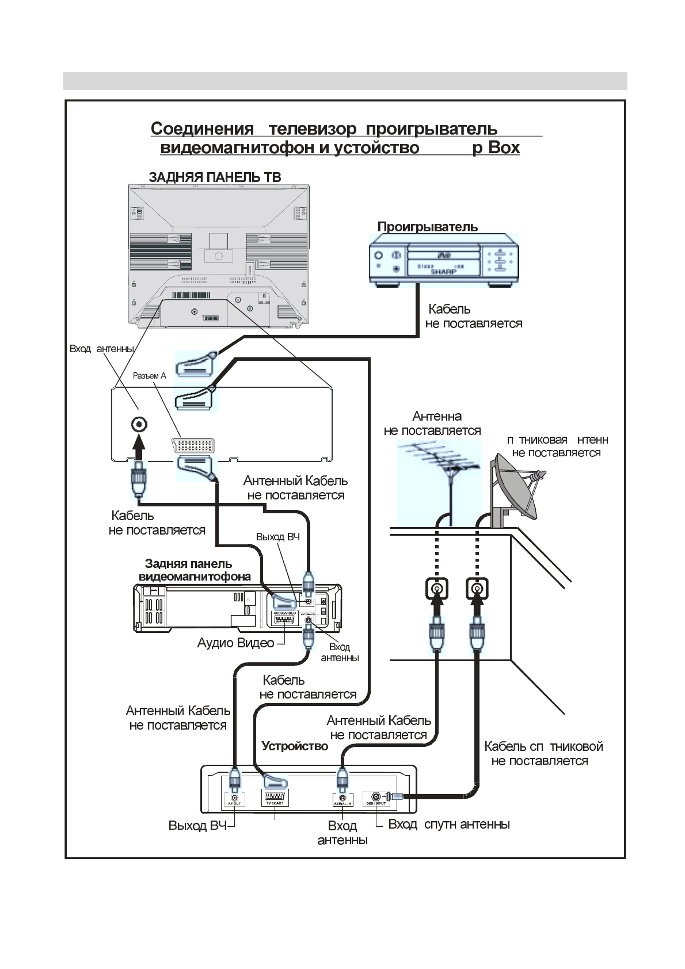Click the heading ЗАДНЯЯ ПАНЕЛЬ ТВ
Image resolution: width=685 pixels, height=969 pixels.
pos(215,177)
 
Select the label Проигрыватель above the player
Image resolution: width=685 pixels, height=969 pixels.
pos(427,227)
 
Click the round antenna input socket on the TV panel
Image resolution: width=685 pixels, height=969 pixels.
pos(139,425)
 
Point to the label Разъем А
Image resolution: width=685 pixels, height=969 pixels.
pos(149,376)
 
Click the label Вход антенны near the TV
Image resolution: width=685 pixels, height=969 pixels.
pos(101,349)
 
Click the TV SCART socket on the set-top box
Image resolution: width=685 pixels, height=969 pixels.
pos(275,797)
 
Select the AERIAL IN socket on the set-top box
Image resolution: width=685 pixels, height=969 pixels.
pos(342,798)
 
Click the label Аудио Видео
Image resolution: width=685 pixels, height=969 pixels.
pos(235,643)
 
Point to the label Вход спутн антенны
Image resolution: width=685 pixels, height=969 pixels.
pos(449,824)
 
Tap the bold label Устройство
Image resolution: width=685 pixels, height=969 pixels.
pos(295,746)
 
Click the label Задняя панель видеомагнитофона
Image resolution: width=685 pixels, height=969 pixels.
pos(194,570)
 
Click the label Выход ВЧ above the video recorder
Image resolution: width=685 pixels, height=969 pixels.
pos(277,537)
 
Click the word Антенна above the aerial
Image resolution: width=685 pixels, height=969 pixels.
pos(437,416)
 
